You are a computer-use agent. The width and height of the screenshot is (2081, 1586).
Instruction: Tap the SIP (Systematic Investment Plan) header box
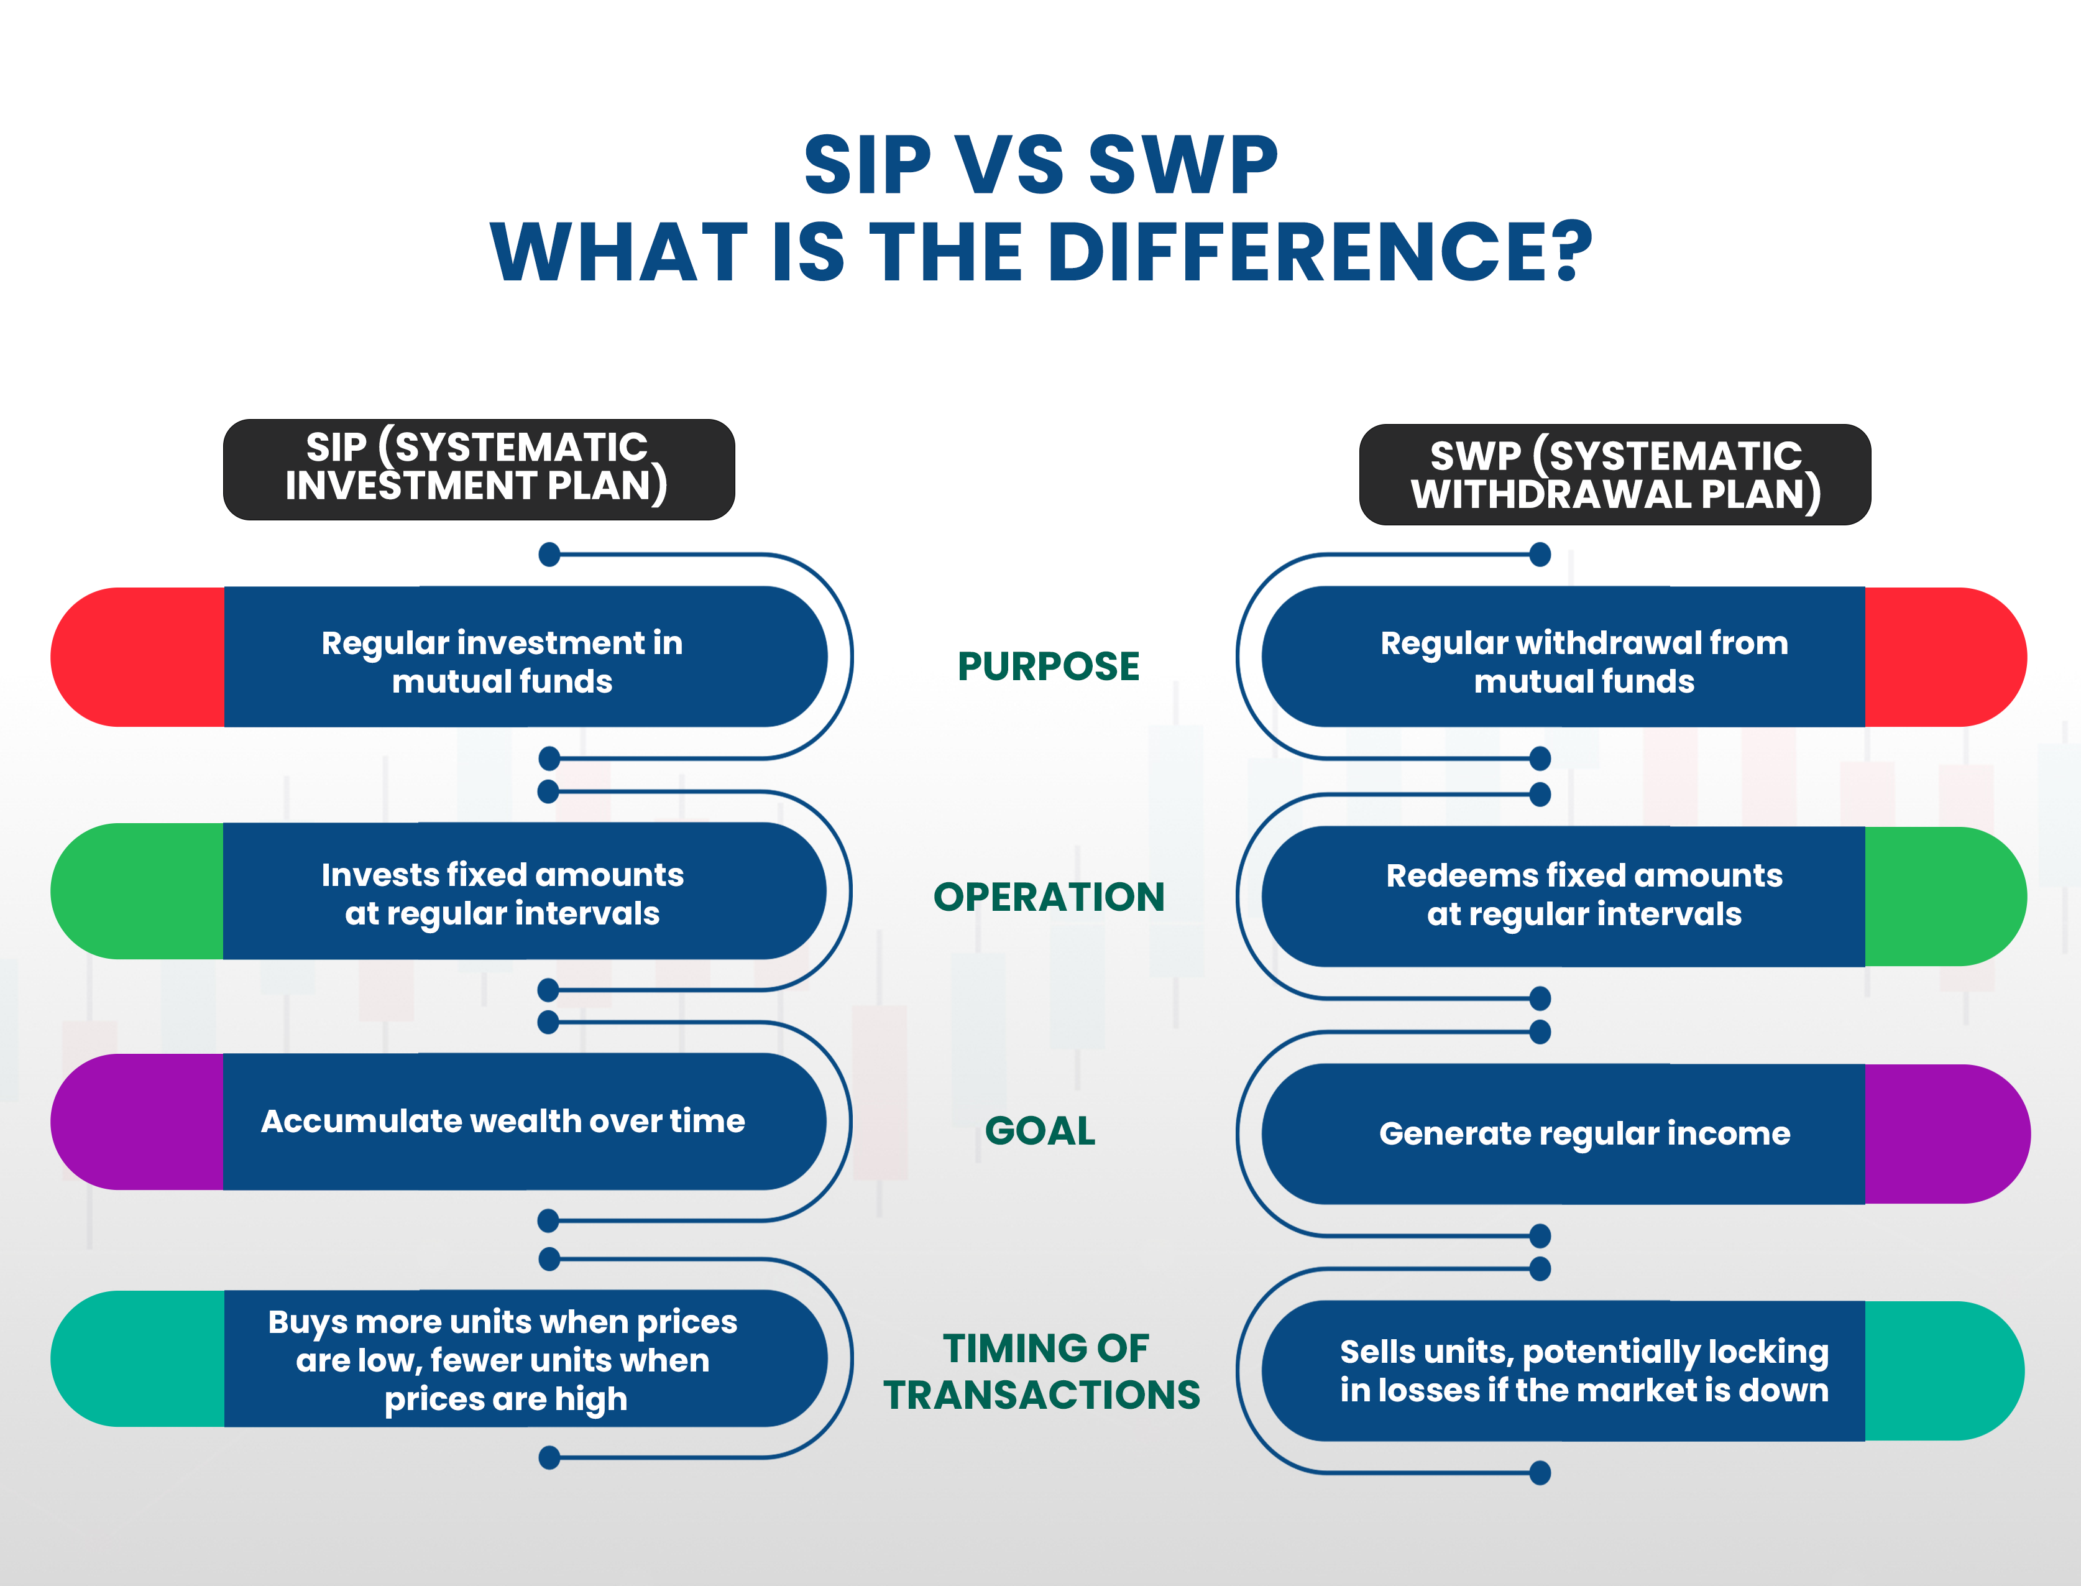(x=479, y=469)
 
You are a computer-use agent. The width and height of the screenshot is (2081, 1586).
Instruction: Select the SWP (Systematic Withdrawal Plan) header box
(x=1615, y=474)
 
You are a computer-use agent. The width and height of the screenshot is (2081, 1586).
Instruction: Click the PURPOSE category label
(x=1049, y=666)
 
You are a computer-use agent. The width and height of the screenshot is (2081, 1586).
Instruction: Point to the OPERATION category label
(x=1049, y=897)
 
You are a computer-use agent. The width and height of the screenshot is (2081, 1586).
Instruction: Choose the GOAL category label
(x=1040, y=1131)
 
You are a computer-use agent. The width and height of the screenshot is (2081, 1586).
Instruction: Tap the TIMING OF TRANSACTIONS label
(x=1042, y=1372)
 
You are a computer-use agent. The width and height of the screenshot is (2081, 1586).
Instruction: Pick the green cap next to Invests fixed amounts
(x=138, y=891)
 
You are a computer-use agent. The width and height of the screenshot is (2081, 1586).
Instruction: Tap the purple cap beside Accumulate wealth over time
(x=138, y=1122)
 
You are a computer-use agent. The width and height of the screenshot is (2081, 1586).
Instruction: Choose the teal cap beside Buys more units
(x=138, y=1358)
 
